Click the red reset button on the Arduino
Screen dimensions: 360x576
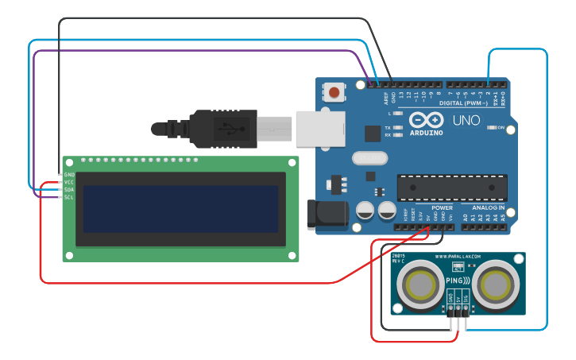point(334,92)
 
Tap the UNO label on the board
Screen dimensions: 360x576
point(466,121)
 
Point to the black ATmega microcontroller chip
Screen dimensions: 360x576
point(452,188)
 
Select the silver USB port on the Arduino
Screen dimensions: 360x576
point(320,128)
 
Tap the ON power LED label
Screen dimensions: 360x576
point(501,127)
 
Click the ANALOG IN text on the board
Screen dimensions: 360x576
point(489,207)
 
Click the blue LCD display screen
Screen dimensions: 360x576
point(180,209)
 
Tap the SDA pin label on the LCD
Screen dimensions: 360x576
point(69,189)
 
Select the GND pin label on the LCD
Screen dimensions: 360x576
point(69,174)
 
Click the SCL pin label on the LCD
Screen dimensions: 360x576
point(69,197)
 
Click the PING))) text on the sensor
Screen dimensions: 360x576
point(457,281)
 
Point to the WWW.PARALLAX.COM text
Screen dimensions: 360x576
point(457,257)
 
